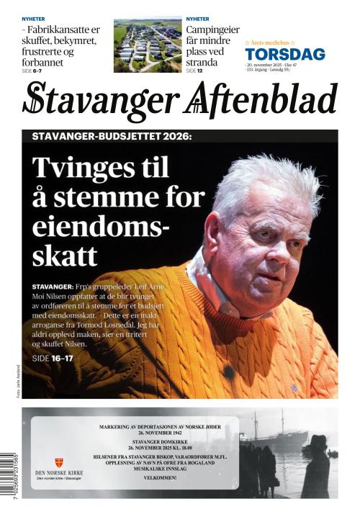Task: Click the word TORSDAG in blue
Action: tap(284, 54)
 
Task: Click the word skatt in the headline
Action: tap(64, 254)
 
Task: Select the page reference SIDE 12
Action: tap(196, 71)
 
